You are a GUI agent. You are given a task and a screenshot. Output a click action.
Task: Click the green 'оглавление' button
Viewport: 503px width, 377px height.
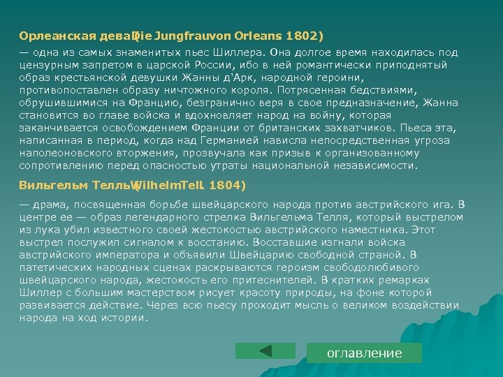[365, 353]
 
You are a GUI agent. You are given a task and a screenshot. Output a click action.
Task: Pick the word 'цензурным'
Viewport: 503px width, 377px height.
[48, 65]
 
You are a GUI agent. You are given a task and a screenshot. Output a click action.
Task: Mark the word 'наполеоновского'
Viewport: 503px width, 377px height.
[62, 154]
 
